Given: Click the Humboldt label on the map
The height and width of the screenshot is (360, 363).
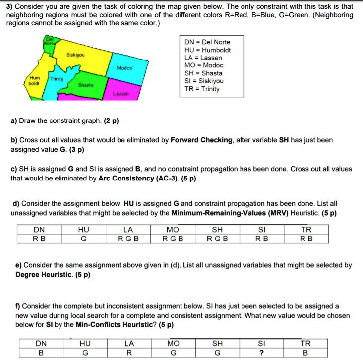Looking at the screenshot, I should coord(34,81).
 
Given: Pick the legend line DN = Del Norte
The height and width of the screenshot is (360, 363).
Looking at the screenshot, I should coord(207,42).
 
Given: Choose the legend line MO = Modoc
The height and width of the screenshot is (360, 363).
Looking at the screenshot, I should coord(204,65).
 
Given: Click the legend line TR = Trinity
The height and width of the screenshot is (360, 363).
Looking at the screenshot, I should coord(202,89).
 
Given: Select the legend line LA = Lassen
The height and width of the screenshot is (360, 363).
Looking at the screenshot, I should coord(203,57).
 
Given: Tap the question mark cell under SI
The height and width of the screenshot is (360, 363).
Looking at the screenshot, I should coord(261,353).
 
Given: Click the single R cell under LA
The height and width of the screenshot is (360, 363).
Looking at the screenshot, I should coord(129,353).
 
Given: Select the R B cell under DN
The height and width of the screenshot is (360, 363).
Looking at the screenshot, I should coord(39,239).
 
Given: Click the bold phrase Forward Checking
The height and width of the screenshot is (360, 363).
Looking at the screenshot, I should coord(201,140).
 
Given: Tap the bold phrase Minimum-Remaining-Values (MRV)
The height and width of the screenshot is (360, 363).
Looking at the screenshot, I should coord(241,213).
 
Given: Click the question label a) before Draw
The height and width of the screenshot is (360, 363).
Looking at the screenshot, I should coord(14,120).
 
